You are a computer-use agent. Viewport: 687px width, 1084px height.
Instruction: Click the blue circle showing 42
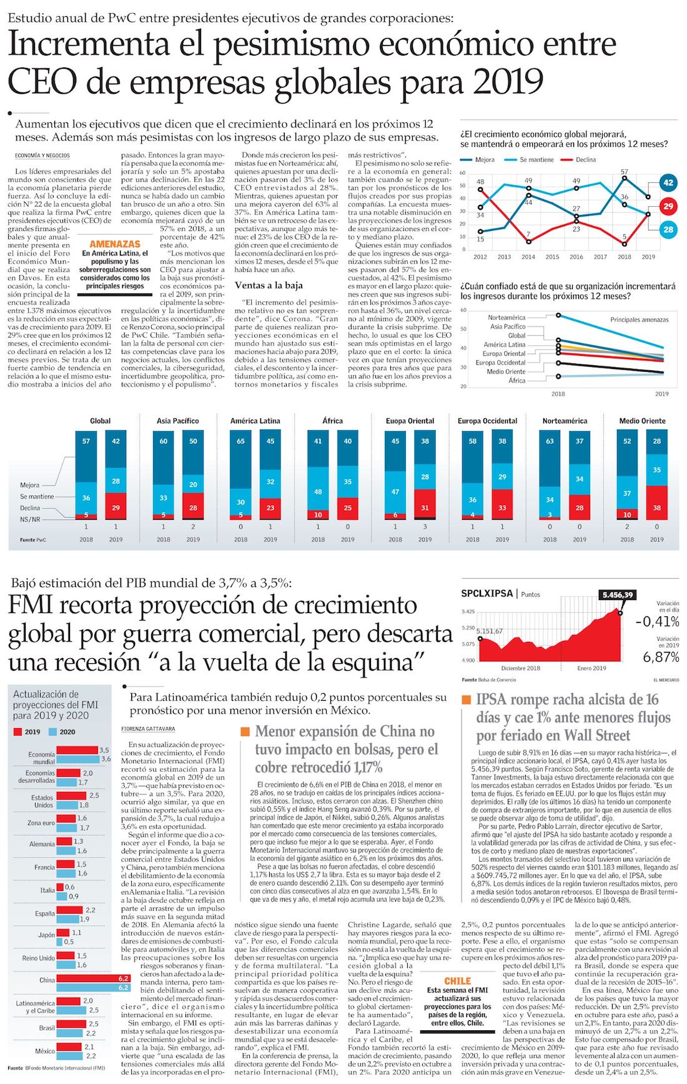pos(668,183)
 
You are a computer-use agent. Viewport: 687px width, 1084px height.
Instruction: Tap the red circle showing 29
pos(668,207)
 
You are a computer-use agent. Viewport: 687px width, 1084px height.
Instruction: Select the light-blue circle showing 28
pos(668,230)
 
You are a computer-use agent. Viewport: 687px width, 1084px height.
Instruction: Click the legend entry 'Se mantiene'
pos(536,160)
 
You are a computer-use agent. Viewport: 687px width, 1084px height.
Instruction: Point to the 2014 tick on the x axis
pos(528,257)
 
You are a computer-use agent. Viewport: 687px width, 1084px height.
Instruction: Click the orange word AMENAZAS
pos(115,244)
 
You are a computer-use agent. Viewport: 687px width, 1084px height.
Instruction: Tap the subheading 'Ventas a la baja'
pos(269,285)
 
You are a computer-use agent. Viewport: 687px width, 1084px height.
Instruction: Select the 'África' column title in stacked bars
pos(332,421)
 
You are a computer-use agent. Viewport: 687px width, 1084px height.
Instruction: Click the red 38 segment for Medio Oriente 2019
pos(656,508)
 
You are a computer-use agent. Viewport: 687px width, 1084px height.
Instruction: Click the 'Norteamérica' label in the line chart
pos(507,318)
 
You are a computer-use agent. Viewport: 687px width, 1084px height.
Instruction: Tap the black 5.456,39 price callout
pos(618,595)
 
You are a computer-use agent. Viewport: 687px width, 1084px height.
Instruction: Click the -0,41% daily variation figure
pos(657,622)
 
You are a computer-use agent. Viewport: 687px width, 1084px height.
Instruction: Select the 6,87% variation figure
pos(661,657)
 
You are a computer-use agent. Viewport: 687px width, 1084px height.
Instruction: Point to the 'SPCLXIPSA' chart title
pos(487,594)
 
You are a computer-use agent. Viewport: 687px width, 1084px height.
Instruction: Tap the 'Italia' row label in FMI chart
pos(47,890)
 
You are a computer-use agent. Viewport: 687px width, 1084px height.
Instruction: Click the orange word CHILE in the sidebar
pos(457,981)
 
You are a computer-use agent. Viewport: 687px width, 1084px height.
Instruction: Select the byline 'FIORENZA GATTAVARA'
pos(148,729)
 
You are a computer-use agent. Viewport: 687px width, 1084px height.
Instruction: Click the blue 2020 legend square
pos(53,732)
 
